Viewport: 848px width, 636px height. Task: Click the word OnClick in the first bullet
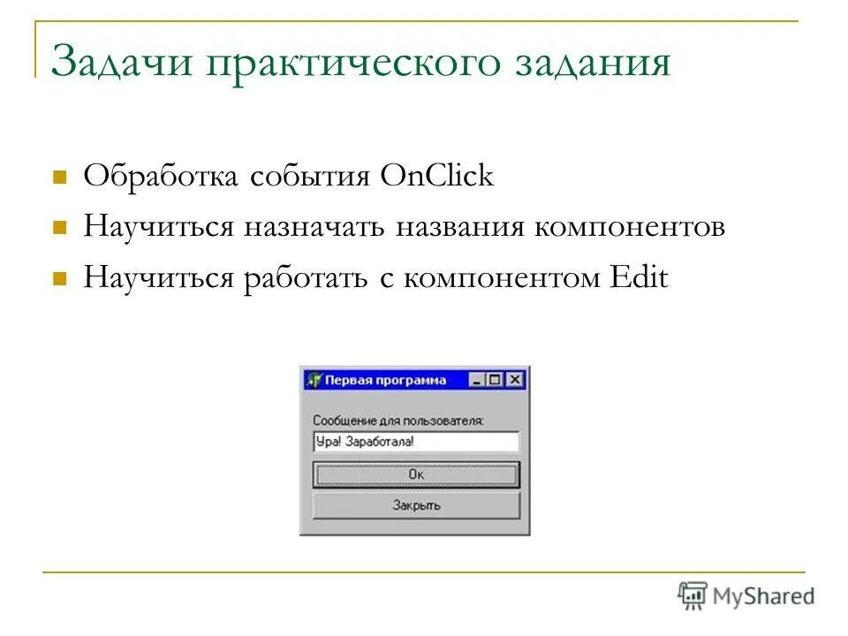click(437, 176)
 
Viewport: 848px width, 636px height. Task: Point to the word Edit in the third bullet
click(639, 278)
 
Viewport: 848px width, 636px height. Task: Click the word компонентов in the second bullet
click(629, 227)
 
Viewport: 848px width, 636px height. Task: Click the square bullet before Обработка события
click(61, 177)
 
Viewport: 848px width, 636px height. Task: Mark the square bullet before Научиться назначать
click(61, 228)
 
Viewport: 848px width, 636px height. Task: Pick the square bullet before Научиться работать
click(61, 279)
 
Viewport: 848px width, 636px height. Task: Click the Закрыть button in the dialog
click(416, 506)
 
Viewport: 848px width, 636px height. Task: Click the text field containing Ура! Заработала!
click(416, 442)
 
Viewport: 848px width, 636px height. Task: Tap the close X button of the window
click(516, 381)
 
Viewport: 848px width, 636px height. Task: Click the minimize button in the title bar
click(478, 381)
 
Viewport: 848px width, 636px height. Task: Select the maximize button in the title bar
click(496, 381)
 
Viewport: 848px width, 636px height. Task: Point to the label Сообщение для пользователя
click(398, 421)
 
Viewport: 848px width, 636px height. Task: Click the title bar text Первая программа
click(385, 381)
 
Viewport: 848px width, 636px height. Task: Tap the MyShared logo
click(746, 596)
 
